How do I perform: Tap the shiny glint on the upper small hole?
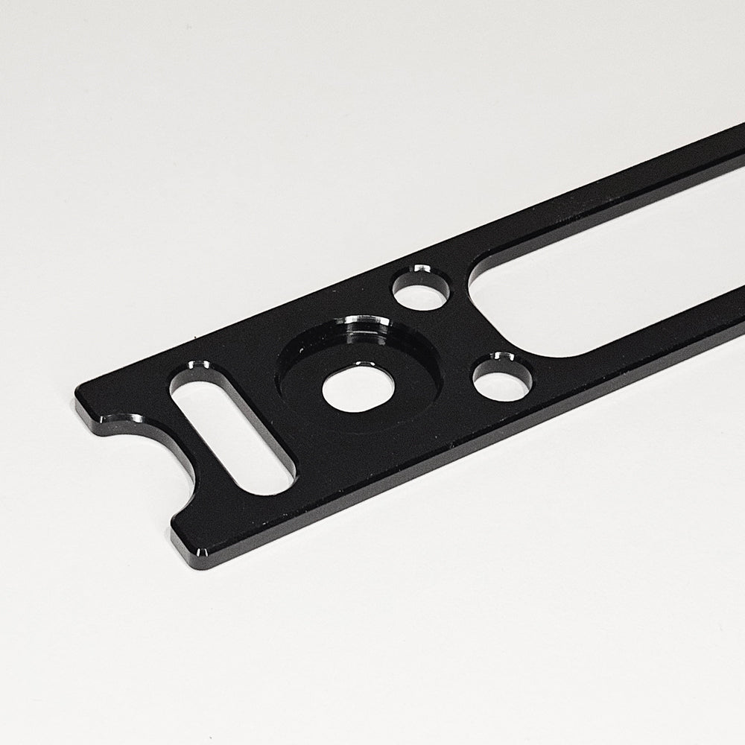422,269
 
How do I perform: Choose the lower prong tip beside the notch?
190,548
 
